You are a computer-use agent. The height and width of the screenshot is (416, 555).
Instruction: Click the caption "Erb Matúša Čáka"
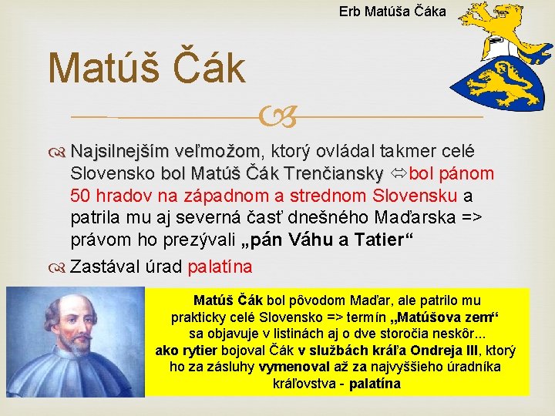(x=392, y=12)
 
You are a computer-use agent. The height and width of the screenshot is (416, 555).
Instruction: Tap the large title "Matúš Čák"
(x=146, y=67)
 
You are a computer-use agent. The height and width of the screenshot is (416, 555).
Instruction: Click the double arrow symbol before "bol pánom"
(x=399, y=171)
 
